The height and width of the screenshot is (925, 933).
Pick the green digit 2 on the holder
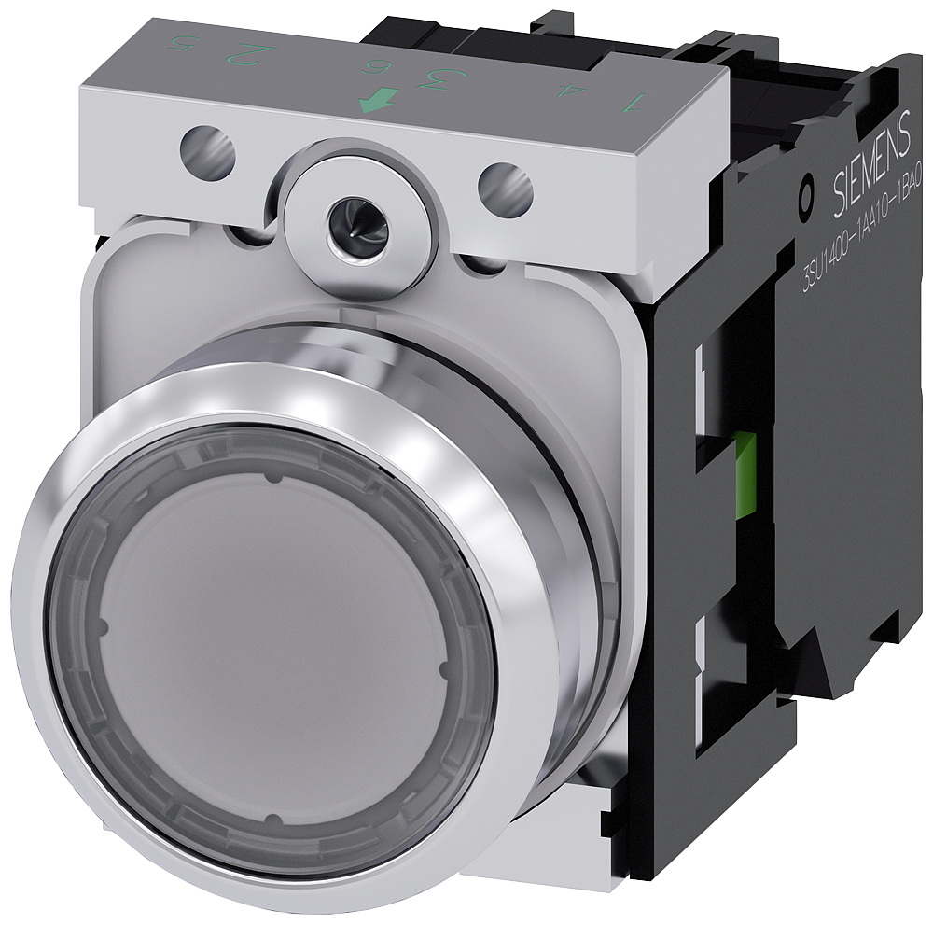[x=247, y=57]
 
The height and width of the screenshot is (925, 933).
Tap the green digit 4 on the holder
[x=563, y=91]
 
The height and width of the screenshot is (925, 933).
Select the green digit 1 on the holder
[x=636, y=101]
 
